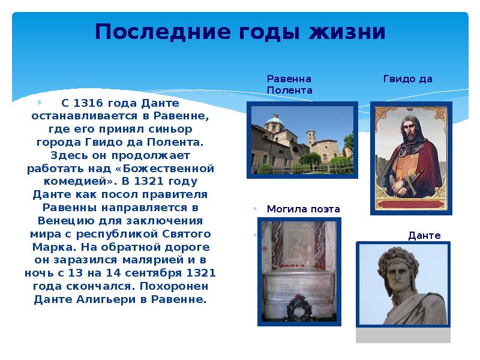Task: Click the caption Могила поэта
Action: coord(303,209)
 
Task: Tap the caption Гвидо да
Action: coord(407,79)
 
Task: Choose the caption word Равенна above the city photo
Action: coord(289,79)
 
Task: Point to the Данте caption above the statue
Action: coord(424,236)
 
